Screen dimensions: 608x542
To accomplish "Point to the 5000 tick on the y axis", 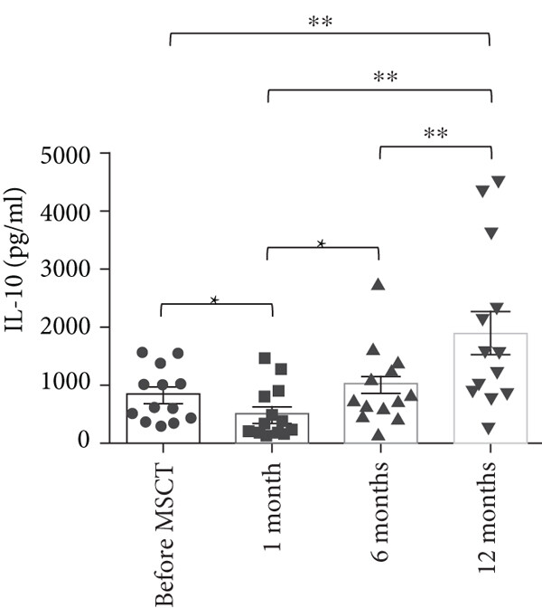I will [70, 154].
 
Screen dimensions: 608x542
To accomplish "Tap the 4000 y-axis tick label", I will [70, 212].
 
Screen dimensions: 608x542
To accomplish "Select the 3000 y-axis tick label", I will [70, 270].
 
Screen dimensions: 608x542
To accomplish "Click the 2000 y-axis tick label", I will [70, 328].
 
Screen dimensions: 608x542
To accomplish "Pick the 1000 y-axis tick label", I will [70, 385].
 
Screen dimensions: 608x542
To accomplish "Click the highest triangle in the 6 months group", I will [378, 285].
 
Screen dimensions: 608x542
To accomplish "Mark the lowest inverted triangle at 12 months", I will [489, 428].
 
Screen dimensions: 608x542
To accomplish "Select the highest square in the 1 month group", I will [265, 358].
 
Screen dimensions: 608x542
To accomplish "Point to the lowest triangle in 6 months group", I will [378, 434].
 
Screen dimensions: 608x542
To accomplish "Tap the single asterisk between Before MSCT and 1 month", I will [215, 300].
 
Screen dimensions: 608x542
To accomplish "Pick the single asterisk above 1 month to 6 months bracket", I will [322, 244].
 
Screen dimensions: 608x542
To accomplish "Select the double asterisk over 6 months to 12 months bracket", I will [435, 134].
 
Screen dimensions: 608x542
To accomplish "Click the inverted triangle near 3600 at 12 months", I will [491, 233].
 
